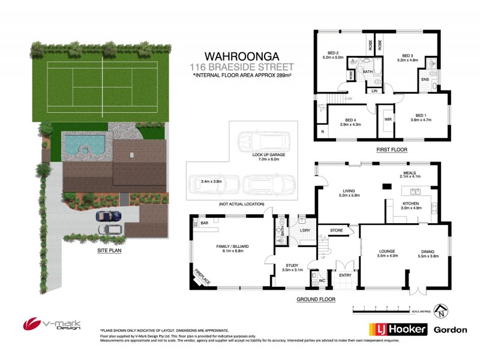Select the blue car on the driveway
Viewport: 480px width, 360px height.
[109, 215]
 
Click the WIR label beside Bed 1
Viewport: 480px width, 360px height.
[388, 119]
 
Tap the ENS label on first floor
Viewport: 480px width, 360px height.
[425, 79]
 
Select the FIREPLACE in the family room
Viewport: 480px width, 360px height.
[201, 277]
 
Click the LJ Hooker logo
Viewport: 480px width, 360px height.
[397, 330]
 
